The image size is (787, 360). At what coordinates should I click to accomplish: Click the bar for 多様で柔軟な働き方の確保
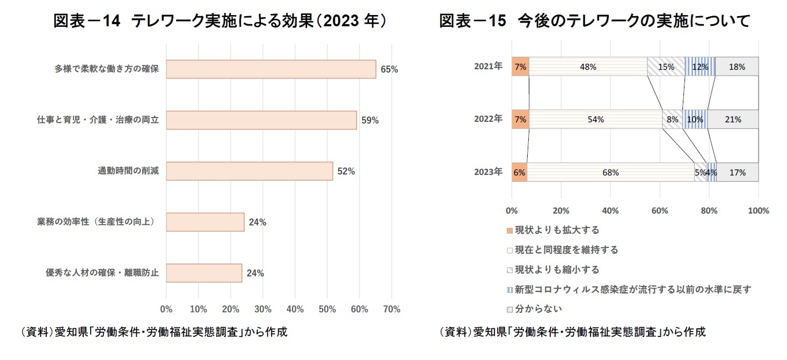coord(271,69)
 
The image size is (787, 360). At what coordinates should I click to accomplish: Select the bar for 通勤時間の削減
coord(249,171)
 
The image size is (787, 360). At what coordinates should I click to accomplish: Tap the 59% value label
coord(370,121)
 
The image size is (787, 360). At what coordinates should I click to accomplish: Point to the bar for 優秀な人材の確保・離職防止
coord(204,273)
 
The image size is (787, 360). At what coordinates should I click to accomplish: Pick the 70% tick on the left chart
coord(391,310)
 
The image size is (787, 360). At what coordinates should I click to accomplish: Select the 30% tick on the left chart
coord(263,310)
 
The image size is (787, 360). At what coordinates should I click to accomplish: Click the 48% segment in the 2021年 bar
coord(588,67)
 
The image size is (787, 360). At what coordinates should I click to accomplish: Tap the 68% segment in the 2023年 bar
coord(610,173)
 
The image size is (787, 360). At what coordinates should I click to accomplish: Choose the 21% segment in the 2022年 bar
coord(733,120)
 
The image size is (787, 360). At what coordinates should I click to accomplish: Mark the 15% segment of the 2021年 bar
coord(666,67)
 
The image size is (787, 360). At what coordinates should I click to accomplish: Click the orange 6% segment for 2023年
coord(519,173)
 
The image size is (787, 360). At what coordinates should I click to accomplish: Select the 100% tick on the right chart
coord(758,211)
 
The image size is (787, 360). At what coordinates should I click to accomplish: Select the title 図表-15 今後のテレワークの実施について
coord(594,21)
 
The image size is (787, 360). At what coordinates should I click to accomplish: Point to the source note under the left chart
coord(154,332)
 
